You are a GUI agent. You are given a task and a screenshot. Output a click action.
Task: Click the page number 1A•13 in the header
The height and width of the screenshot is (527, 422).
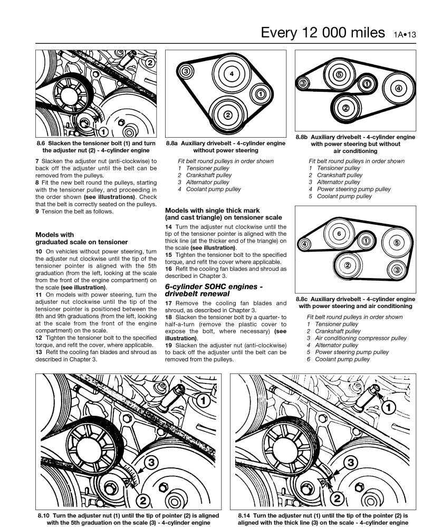click(405, 34)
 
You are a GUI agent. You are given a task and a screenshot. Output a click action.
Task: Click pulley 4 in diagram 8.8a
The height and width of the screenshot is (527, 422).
click(232, 75)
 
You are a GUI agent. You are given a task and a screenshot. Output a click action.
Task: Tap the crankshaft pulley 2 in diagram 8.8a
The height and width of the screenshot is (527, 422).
click(227, 114)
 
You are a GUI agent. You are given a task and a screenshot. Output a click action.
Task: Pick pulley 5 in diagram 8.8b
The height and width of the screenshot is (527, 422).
click(339, 75)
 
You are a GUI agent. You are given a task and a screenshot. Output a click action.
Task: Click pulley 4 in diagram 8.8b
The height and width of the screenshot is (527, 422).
click(398, 88)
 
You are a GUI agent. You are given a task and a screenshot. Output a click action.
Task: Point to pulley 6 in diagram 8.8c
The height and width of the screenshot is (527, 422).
click(339, 233)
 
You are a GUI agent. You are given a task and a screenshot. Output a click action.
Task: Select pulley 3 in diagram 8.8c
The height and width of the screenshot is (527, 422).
click(397, 270)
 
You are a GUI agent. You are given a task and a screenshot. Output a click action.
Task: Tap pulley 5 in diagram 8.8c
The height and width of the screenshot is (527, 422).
click(397, 243)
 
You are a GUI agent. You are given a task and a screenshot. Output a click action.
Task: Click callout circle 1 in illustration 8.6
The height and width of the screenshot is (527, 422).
click(103, 131)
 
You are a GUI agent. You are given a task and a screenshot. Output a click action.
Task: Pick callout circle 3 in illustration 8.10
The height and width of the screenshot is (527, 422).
click(150, 463)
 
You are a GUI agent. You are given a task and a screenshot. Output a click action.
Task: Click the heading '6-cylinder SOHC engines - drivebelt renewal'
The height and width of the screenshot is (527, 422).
click(214, 290)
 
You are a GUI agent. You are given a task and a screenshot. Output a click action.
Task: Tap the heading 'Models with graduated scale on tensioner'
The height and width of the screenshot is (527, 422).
click(81, 238)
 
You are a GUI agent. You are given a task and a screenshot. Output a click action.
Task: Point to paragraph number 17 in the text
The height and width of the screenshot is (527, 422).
click(169, 303)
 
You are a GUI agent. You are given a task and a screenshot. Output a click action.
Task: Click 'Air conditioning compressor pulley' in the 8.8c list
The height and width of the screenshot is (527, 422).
click(360, 338)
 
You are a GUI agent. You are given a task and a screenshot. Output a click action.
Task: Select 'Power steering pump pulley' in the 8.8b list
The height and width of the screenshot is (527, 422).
click(353, 189)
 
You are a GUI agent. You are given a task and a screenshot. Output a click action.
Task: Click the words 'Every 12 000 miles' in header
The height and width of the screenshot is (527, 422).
click(323, 33)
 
